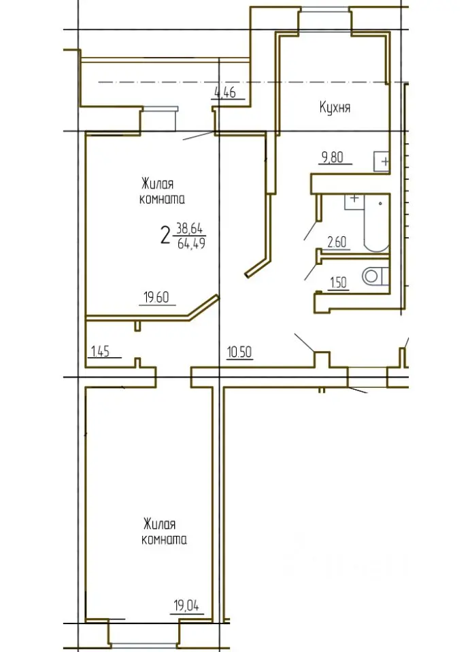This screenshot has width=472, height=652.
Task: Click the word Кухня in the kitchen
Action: (335, 108)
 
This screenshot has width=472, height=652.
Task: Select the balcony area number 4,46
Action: (225, 92)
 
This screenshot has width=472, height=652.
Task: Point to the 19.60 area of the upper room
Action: (156, 297)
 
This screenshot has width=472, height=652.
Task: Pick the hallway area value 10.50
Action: (239, 352)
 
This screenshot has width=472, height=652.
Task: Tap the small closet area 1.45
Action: (100, 352)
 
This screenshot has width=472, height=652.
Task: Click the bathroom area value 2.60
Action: (337, 242)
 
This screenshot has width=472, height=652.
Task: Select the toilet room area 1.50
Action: (338, 283)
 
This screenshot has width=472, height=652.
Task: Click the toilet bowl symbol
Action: (375, 276)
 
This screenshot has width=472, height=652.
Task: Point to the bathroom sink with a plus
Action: (354, 202)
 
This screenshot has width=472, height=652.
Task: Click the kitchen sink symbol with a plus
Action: (382, 162)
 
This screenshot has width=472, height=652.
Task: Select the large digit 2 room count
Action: (166, 236)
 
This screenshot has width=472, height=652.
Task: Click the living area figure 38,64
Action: (189, 228)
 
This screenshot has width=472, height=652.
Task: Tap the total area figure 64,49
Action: (191, 243)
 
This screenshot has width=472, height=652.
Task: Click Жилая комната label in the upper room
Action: (162, 192)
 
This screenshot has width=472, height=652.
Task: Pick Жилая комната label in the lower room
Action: (164, 531)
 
